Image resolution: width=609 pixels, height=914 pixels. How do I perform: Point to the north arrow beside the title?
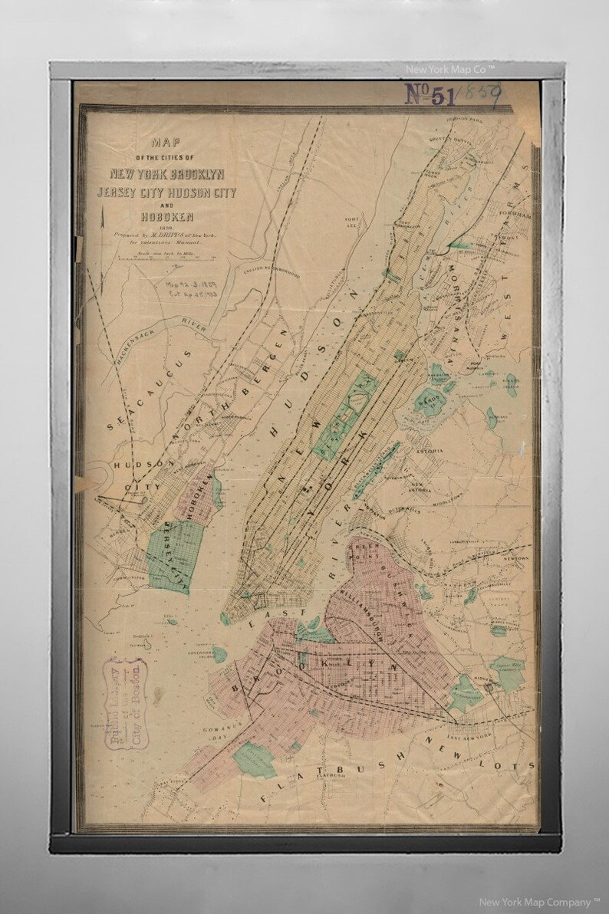pyautogui.click(x=102, y=222)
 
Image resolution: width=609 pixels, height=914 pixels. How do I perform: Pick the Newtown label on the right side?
pyautogui.click(x=515, y=558)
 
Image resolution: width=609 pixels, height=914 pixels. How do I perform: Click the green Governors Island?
pyautogui.click(x=219, y=653)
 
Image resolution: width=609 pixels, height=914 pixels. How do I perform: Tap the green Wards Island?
pyautogui.click(x=430, y=400)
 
